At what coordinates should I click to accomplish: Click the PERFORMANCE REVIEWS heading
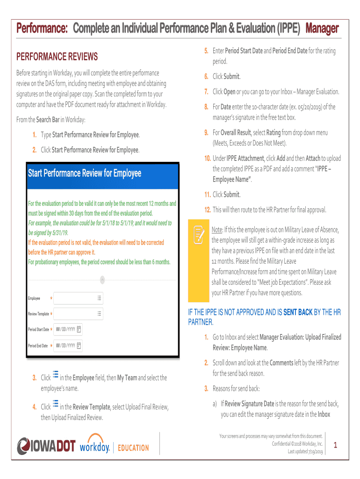(x=57, y=57)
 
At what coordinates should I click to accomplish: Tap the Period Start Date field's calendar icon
(x=79, y=329)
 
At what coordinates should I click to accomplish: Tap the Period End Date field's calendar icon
(x=79, y=346)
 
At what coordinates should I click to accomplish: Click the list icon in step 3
(x=56, y=375)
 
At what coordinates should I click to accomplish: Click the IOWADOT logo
(x=46, y=446)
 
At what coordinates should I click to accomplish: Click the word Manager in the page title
(x=322, y=29)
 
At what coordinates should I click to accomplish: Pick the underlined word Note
(x=216, y=231)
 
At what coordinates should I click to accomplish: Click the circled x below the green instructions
(x=102, y=280)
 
